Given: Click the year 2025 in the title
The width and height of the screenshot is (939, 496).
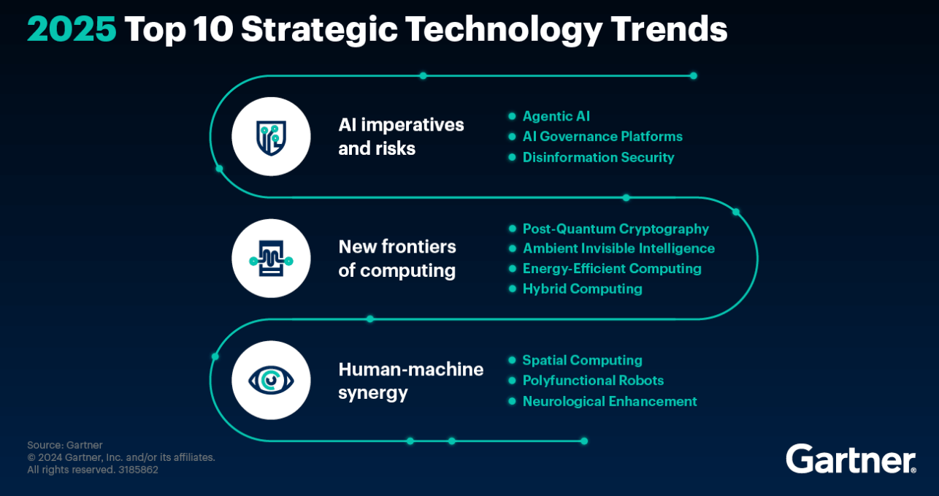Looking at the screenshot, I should [x=72, y=30].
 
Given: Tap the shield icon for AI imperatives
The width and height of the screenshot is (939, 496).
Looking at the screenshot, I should [x=271, y=137].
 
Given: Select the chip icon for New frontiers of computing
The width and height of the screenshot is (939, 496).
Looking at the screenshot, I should [x=271, y=259].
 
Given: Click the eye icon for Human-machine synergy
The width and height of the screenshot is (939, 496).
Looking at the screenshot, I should [x=271, y=381].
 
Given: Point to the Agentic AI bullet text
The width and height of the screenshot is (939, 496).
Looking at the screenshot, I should [x=556, y=116].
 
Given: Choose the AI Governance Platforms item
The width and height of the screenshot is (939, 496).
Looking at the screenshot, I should [x=602, y=137].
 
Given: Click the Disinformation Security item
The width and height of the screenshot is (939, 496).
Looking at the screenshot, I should [x=598, y=157].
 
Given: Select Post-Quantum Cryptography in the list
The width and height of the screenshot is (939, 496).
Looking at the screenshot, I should [x=615, y=229].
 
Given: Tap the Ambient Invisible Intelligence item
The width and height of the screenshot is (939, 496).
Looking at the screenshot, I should [x=618, y=248].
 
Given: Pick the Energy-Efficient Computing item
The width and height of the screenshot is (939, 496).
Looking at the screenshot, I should [x=611, y=268].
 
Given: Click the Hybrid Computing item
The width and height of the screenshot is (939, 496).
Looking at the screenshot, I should [x=582, y=289].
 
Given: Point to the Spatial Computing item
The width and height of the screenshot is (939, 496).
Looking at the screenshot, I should [x=582, y=360].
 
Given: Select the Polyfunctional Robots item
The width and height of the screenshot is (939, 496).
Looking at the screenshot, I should [x=593, y=381].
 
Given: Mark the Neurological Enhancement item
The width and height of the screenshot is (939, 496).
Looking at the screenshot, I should [x=609, y=401].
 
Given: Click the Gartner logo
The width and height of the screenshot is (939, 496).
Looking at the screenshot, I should [x=851, y=458].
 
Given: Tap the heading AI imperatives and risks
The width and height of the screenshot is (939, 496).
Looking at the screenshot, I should [x=401, y=137].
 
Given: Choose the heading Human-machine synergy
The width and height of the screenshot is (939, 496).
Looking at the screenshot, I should [x=410, y=381].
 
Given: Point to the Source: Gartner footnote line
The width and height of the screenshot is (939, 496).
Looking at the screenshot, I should [x=65, y=445].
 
